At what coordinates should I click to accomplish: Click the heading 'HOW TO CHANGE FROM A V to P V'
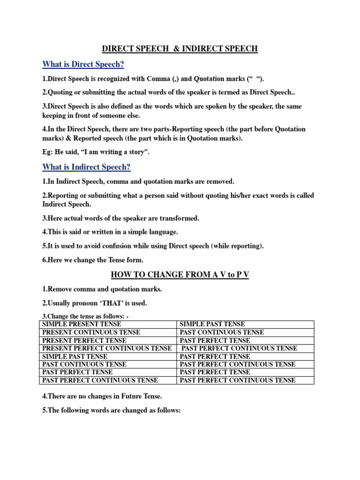[x=180, y=275]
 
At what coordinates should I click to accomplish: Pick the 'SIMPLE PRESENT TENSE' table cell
[x=82, y=324]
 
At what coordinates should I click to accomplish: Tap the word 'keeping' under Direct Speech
[x=55, y=115]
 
